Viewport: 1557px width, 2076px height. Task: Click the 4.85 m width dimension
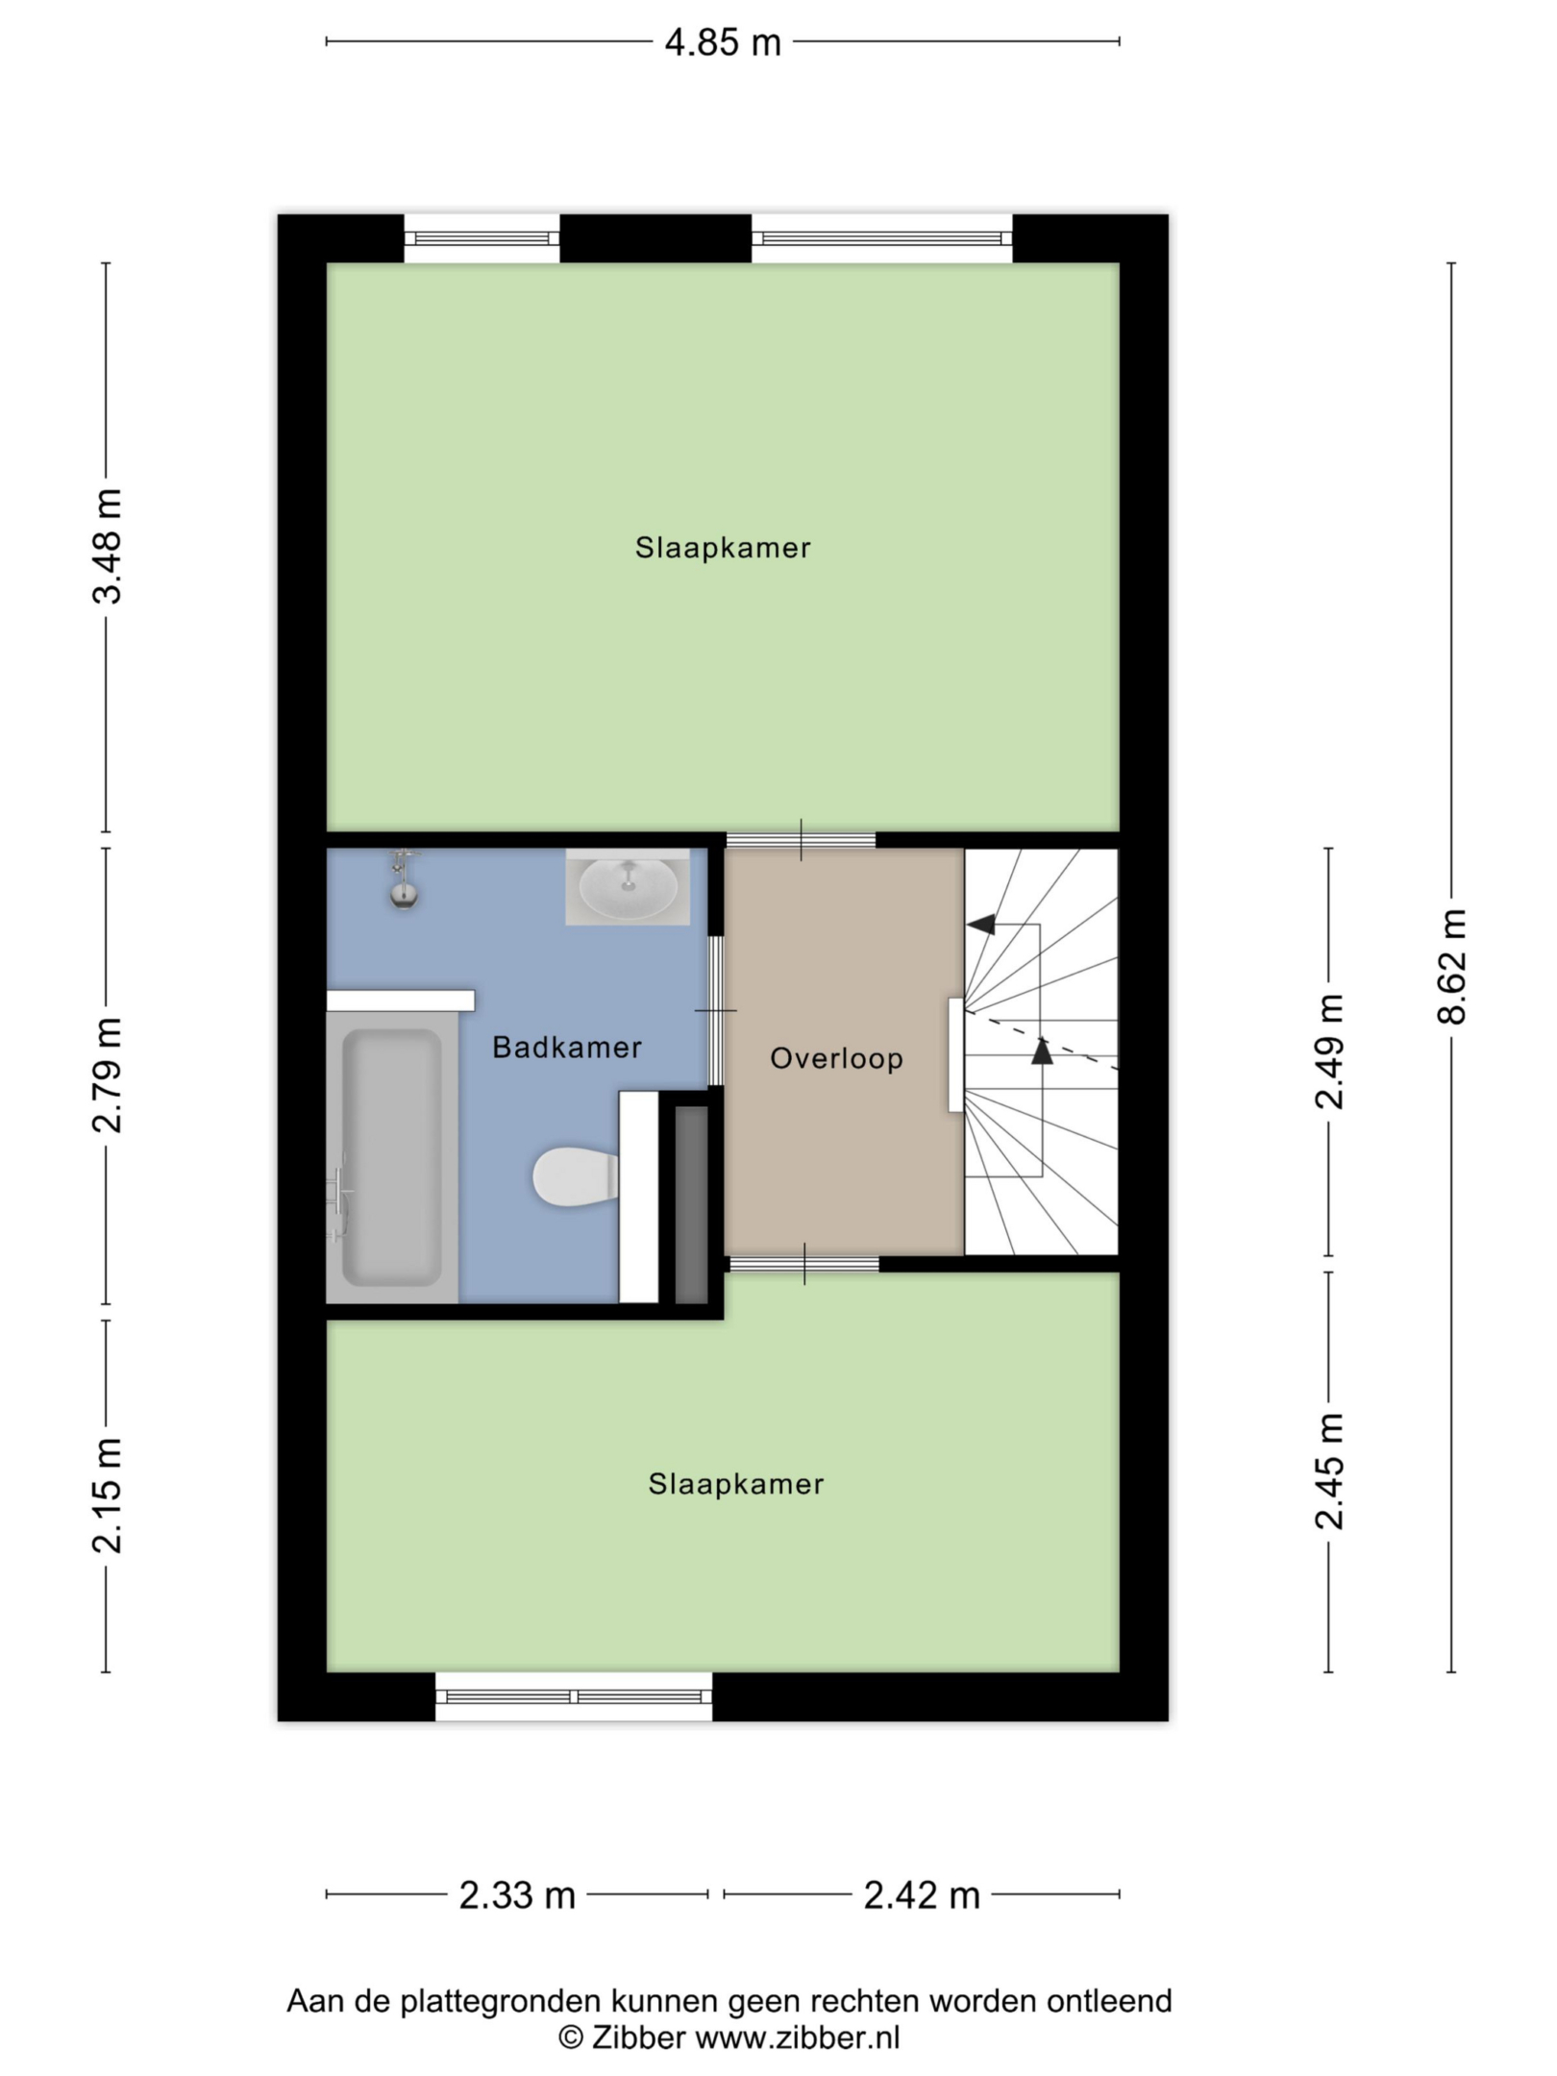point(723,43)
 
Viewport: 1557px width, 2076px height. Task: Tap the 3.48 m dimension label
point(108,546)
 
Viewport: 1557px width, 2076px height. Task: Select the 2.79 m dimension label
point(108,1075)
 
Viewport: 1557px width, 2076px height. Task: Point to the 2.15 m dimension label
point(108,1495)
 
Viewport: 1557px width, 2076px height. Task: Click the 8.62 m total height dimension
point(1452,966)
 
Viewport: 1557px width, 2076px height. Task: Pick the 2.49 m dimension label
point(1330,1051)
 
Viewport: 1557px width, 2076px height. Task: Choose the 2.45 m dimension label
point(1330,1471)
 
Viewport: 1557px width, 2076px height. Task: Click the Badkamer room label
point(567,1048)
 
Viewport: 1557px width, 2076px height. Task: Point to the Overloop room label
point(837,1059)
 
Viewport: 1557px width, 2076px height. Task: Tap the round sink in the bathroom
point(628,887)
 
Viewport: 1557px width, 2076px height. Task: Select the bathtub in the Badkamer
point(392,1157)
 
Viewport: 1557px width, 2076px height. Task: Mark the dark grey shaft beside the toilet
point(691,1204)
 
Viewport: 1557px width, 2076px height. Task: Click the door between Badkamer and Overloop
point(716,1011)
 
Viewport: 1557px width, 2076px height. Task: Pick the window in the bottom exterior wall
point(574,1697)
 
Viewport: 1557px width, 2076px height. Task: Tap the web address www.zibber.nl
point(798,2038)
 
